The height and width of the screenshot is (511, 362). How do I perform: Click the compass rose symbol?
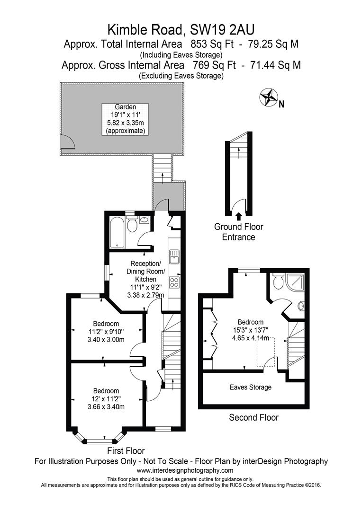coord(268,97)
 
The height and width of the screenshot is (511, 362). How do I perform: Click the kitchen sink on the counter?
coord(174,255)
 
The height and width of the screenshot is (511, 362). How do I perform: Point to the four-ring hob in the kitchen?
coord(174,282)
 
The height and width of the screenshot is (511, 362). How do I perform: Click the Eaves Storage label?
coord(251,387)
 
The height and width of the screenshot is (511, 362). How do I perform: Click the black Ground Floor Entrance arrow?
coord(238,216)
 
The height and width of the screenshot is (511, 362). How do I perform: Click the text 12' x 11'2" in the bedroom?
coord(106,399)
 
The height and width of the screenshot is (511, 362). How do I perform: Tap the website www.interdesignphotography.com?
coord(185,470)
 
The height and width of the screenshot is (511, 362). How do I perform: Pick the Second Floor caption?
coord(253,417)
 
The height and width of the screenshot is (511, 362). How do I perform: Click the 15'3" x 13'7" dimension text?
coord(244,330)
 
